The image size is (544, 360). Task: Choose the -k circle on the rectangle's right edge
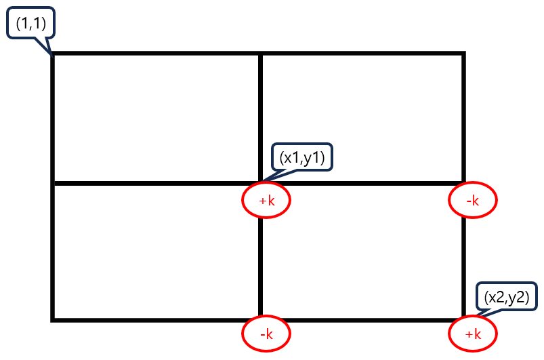(x=473, y=200)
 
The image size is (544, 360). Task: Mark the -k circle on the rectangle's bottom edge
(x=266, y=334)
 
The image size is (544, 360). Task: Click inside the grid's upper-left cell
(x=156, y=118)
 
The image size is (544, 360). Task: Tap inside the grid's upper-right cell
(x=362, y=118)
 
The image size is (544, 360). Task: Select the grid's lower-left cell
(x=156, y=251)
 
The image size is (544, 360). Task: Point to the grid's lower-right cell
(x=362, y=251)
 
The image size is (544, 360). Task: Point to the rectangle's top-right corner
(x=463, y=54)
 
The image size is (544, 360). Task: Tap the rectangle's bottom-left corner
(x=53, y=319)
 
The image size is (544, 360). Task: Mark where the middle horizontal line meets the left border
(x=53, y=182)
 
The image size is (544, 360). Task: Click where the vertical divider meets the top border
(x=261, y=54)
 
